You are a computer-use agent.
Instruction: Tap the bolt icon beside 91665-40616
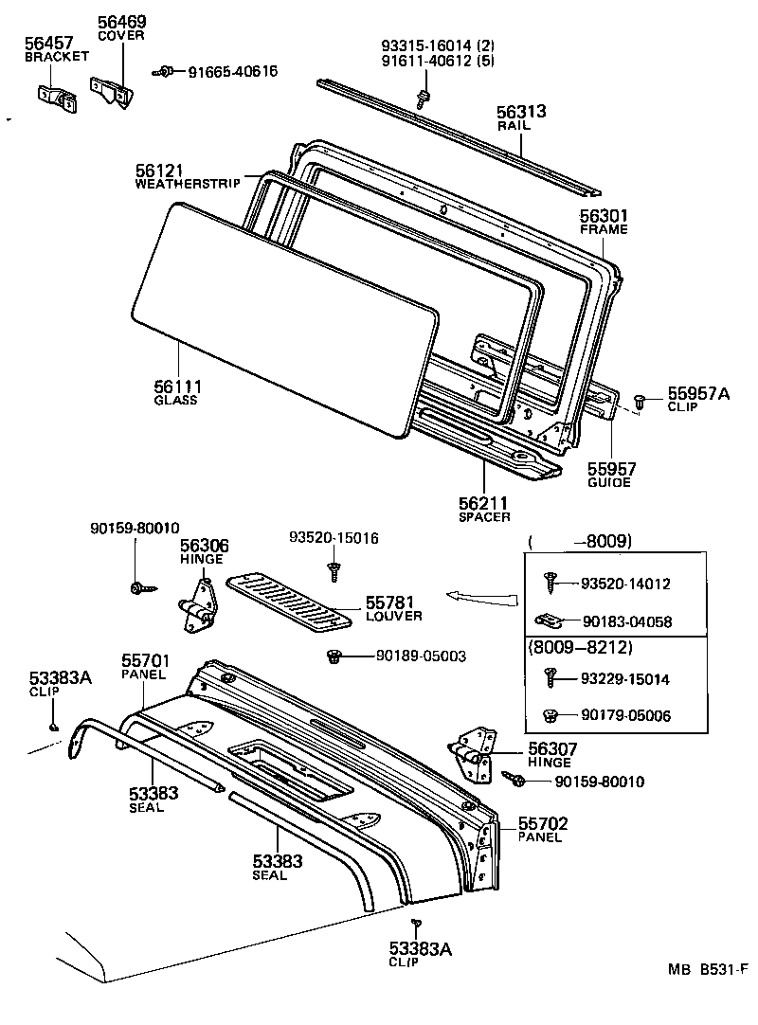[x=165, y=71]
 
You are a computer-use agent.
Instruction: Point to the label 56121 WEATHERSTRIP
[x=187, y=176]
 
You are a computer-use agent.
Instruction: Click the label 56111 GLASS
[x=177, y=392]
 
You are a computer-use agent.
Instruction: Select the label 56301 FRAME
[x=604, y=222]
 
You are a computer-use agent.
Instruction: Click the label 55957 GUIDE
[x=611, y=474]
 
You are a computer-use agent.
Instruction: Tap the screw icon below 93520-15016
[x=334, y=569]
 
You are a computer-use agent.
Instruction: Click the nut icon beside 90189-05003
[x=334, y=656]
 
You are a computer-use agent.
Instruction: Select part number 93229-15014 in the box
[x=625, y=679]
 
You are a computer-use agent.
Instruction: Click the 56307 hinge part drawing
[x=473, y=754]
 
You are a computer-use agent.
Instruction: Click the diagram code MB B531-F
[x=707, y=969]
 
